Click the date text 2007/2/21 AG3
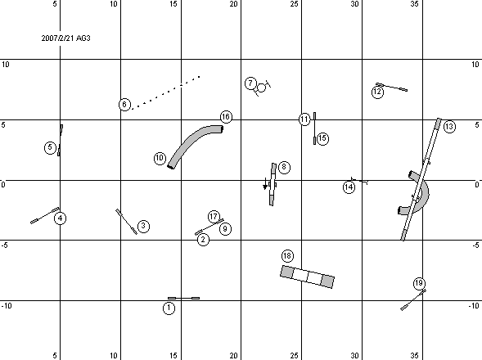[x=65, y=38]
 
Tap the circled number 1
[x=169, y=308]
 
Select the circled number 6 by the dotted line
[x=124, y=105]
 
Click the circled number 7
[x=251, y=83]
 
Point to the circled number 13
[x=449, y=126]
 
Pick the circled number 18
[x=287, y=256]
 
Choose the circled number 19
[x=419, y=283]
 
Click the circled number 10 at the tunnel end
[x=160, y=159]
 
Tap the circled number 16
[x=226, y=117]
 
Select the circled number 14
[x=349, y=187]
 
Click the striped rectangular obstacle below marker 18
[x=307, y=277]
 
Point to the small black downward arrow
[x=265, y=184]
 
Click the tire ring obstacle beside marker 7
[x=261, y=88]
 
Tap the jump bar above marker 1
[x=183, y=298]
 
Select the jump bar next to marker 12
[x=392, y=87]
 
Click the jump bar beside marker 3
[x=126, y=222]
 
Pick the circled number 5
[x=51, y=147]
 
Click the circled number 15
[x=322, y=138]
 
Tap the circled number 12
[x=377, y=92]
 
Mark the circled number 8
[x=284, y=167]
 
